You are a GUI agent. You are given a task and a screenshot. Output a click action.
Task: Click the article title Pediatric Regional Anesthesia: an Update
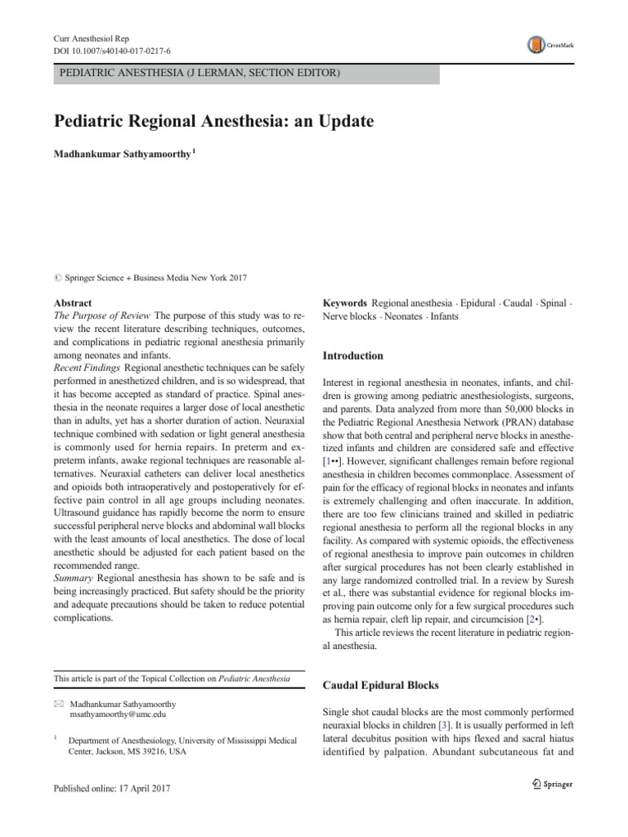pos(213,122)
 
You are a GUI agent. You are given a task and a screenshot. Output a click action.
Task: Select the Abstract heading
pos(73,302)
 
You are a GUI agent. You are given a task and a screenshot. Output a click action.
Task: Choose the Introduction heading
pos(353,356)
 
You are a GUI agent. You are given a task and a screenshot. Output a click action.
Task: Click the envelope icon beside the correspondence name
pos(57,702)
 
